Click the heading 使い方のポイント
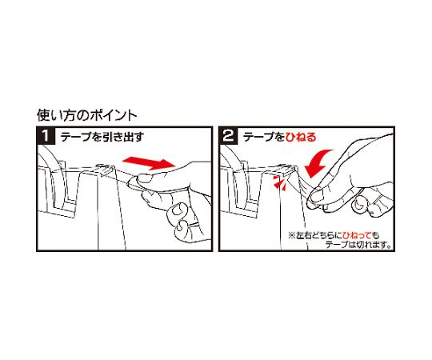86,116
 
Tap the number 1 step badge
46,135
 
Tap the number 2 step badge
228,135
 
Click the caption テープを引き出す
102,136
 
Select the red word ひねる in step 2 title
301,137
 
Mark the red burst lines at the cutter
280,184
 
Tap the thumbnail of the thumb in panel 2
317,195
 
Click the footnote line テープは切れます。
358,245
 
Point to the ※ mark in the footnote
292,236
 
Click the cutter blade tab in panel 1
105,170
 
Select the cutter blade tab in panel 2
287,170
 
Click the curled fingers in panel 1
181,220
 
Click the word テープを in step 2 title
264,137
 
